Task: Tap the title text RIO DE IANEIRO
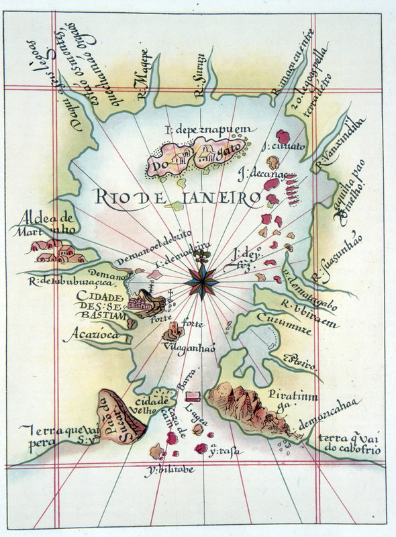(x=177, y=197)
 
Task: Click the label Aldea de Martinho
(x=50, y=224)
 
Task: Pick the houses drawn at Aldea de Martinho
(x=57, y=252)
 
